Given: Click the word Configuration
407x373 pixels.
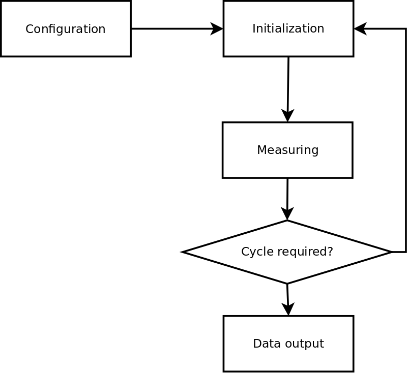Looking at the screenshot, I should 66,29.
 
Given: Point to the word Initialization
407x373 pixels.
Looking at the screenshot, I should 288,28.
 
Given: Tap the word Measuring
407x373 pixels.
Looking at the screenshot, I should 287,150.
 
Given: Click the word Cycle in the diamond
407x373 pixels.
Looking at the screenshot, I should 253,252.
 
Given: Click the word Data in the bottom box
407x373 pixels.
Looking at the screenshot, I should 264,344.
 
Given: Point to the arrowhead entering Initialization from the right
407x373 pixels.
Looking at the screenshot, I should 360,29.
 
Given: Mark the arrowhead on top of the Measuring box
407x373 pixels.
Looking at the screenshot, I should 287,116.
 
